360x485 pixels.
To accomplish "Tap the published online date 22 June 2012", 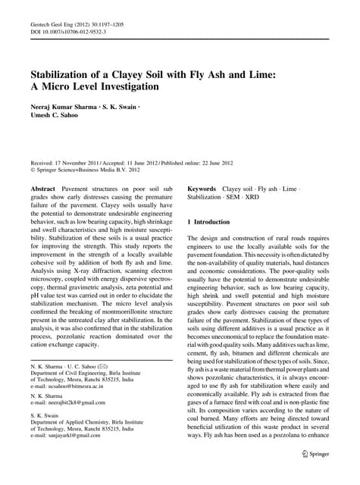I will click(219, 164).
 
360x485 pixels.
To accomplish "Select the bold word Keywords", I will click(202, 188).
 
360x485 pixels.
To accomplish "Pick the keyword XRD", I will click(261, 197).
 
